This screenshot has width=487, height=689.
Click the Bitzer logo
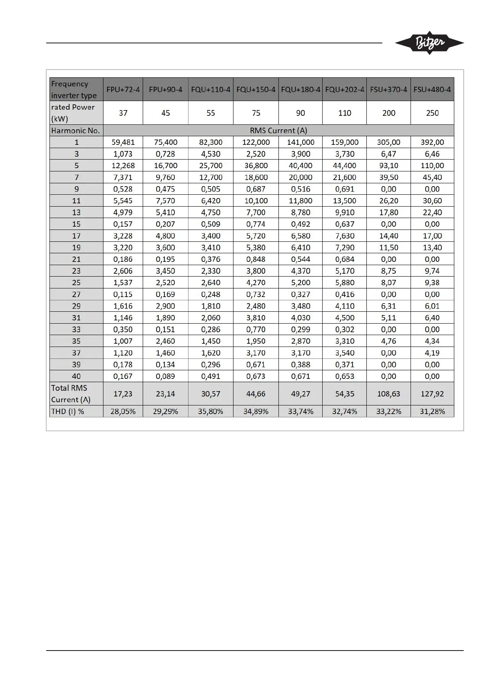tap(429, 43)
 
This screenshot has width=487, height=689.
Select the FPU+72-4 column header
tap(123, 89)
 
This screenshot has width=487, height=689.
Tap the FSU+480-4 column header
tap(432, 89)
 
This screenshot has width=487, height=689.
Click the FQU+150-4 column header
tap(256, 89)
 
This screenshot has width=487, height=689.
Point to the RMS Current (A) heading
tap(278, 131)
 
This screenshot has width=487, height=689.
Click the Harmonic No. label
tap(76, 131)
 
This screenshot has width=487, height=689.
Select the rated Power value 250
tap(432, 113)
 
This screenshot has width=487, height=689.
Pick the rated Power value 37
tap(123, 113)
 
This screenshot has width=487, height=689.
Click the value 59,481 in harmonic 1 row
tap(123, 142)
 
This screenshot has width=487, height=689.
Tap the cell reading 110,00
tap(432, 166)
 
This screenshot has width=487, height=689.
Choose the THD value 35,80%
tap(211, 412)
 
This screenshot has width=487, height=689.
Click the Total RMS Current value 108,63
tap(388, 394)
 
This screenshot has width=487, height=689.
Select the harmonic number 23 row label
tap(76, 271)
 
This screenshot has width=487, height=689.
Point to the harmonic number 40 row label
tap(76, 376)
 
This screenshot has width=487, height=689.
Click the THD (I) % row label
tap(68, 412)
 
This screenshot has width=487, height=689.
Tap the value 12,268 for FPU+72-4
tap(123, 166)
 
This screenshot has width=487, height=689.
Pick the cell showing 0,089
tap(165, 376)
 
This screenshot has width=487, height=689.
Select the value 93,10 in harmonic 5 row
tap(388, 166)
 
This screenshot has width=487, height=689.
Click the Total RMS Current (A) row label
tap(70, 394)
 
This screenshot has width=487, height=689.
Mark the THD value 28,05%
tap(123, 412)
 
